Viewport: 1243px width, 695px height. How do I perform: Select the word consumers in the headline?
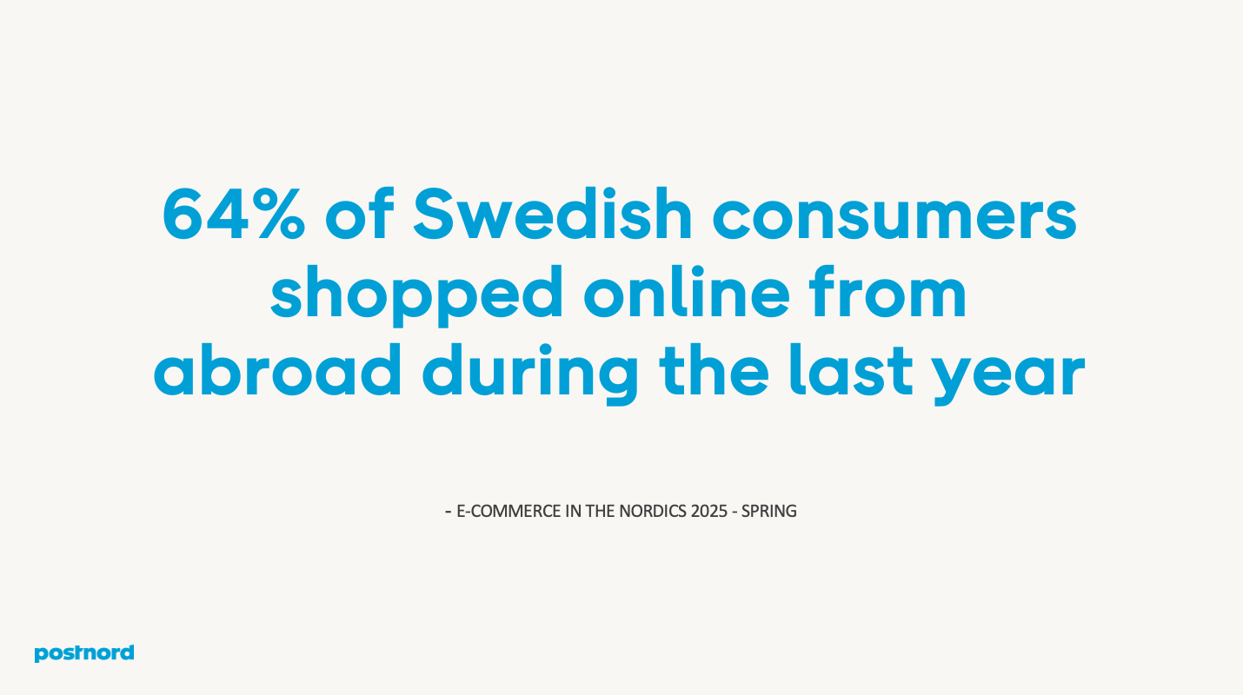pyautogui.click(x=894, y=215)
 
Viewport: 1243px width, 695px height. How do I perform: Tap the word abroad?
pyautogui.click(x=277, y=372)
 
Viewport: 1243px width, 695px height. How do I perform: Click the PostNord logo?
pyautogui.click(x=84, y=653)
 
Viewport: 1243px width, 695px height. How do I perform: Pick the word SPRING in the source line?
pyautogui.click(x=768, y=511)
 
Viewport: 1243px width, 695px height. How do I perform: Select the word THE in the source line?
pyautogui.click(x=600, y=511)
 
